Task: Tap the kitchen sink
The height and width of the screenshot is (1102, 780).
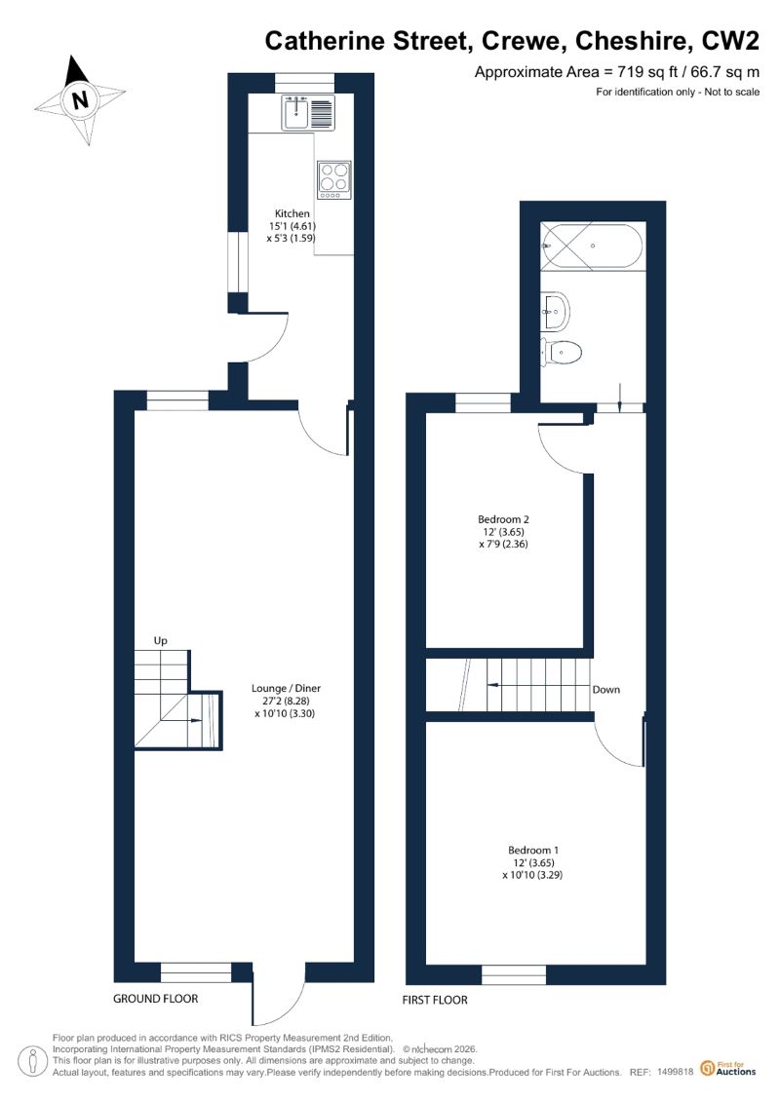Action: (x=308, y=113)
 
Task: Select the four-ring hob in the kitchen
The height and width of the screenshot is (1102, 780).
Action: (x=334, y=180)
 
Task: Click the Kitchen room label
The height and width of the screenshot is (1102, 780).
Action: (x=292, y=213)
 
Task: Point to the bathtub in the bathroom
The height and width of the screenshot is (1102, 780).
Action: (x=592, y=246)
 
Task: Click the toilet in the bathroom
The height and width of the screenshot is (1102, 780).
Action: (x=561, y=352)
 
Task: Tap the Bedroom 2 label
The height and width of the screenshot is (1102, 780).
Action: (x=504, y=520)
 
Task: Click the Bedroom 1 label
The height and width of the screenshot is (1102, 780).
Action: (x=534, y=851)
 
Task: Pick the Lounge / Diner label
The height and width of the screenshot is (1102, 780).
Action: (x=287, y=689)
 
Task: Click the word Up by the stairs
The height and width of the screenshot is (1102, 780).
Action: (x=160, y=641)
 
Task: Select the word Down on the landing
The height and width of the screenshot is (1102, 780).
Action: (x=606, y=690)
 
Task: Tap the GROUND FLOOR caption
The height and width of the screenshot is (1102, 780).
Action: (x=155, y=999)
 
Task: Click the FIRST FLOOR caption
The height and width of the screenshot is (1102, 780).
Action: (x=435, y=1000)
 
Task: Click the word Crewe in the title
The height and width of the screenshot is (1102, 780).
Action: (x=522, y=42)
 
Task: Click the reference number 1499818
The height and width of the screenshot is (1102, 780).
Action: (x=676, y=1073)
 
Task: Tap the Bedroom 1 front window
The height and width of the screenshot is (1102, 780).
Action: (x=514, y=974)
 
